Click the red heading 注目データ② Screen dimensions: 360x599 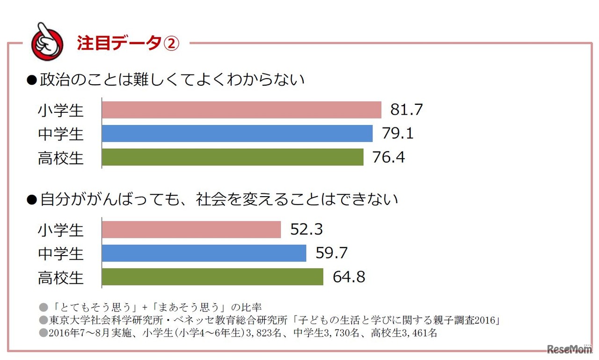click(128, 44)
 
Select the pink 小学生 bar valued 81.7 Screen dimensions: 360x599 click(241, 110)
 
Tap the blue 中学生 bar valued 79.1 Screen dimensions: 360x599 click(237, 133)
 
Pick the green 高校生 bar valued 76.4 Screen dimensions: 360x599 click(233, 157)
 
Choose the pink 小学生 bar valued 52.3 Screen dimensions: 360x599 click(191, 229)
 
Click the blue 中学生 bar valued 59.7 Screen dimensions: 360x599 click(204, 253)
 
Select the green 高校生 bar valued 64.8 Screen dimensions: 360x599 click(212, 277)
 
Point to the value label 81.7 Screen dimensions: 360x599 click(406, 110)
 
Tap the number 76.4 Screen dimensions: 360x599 click(388, 157)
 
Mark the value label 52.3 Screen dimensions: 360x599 click(306, 229)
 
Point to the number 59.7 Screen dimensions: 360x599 click(331, 253)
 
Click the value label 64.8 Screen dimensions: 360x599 click(349, 277)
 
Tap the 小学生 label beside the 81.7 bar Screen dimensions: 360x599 click(60, 110)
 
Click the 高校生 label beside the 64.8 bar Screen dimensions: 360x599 click(60, 278)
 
